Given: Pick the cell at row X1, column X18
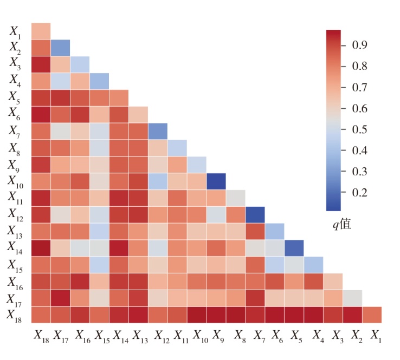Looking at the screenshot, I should pos(41,31).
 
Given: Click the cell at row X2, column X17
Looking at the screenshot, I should pos(60,48).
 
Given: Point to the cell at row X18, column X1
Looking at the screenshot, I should pos(372,315).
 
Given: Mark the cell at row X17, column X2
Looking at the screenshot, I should pos(352,298).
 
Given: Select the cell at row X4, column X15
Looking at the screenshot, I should pos(99,81).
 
